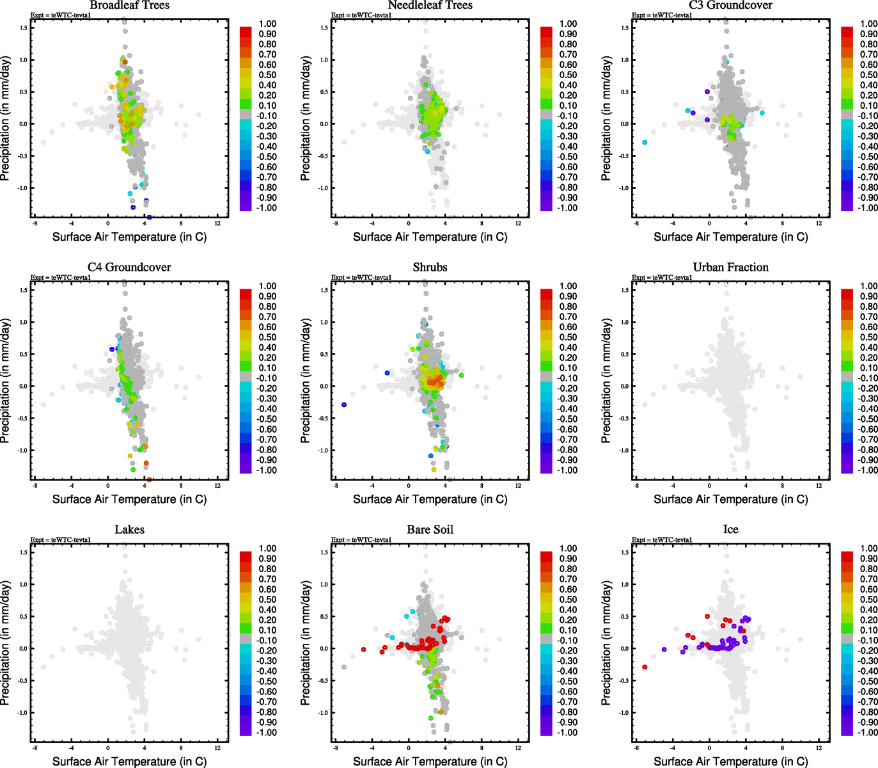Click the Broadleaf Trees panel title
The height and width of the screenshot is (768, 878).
[129, 6]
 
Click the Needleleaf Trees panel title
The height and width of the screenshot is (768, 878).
[430, 6]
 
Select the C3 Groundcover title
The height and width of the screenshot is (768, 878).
[730, 6]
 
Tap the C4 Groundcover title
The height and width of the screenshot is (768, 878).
[129, 268]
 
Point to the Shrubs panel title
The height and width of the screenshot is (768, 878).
[430, 268]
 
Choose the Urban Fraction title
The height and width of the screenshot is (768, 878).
[730, 268]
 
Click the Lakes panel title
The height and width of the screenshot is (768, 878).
[129, 530]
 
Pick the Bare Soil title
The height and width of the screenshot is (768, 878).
[430, 530]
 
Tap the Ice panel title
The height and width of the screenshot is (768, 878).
[730, 530]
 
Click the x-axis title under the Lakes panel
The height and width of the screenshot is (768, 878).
[129, 761]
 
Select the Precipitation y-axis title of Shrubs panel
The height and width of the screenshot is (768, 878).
[306, 381]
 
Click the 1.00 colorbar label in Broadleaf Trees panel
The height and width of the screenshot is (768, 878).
[267, 24]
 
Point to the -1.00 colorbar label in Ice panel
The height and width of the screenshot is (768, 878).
[868, 732]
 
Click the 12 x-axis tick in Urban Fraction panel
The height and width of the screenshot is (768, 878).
[819, 486]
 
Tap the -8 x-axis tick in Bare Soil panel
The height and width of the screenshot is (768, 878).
[335, 748]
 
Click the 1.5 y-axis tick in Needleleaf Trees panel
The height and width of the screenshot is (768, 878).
[324, 28]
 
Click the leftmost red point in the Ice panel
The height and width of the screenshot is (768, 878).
[645, 667]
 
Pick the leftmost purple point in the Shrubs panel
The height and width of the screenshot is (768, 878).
[344, 404]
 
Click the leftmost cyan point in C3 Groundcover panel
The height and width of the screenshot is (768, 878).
[645, 142]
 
